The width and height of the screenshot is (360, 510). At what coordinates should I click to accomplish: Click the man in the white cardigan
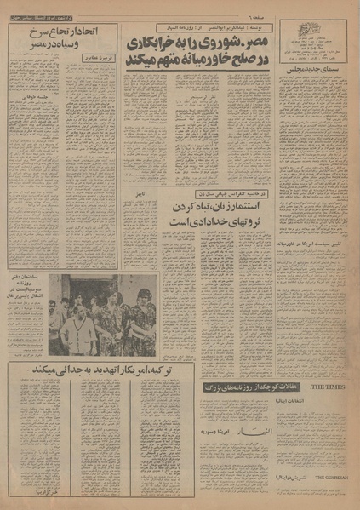coord(80,332)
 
